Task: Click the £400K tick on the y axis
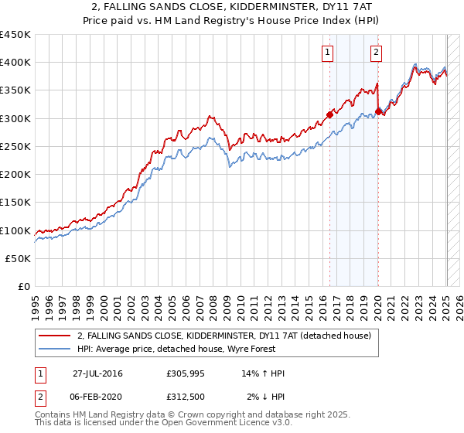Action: point(15,62)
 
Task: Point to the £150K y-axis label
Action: point(15,202)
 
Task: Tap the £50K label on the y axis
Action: point(19,258)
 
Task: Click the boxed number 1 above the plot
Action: point(328,53)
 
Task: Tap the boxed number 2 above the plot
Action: point(376,53)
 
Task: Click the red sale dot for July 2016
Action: point(329,114)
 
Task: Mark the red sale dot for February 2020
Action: point(378,111)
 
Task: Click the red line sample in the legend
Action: point(55,336)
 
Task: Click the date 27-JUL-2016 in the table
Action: point(97,373)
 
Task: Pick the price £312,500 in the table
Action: point(188,397)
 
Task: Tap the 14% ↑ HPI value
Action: point(263,373)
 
